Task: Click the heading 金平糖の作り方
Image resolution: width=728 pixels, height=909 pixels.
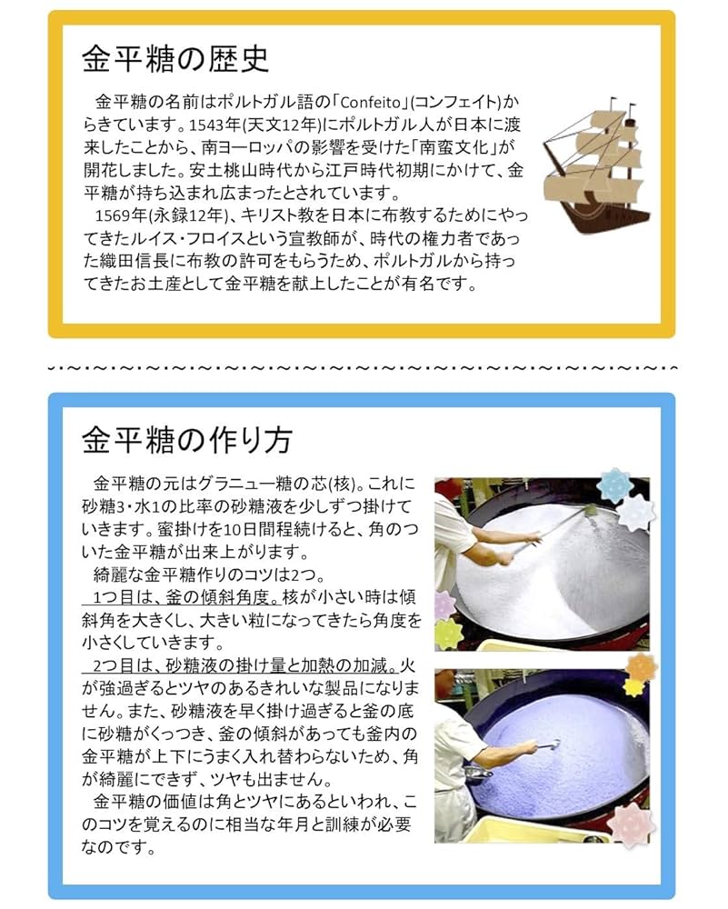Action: [x=186, y=441]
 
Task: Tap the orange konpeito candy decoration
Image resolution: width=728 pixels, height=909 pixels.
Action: [x=640, y=668]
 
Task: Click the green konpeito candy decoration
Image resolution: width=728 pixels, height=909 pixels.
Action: [x=449, y=634]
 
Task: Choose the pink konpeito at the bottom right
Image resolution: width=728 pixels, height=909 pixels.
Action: [x=627, y=824]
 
